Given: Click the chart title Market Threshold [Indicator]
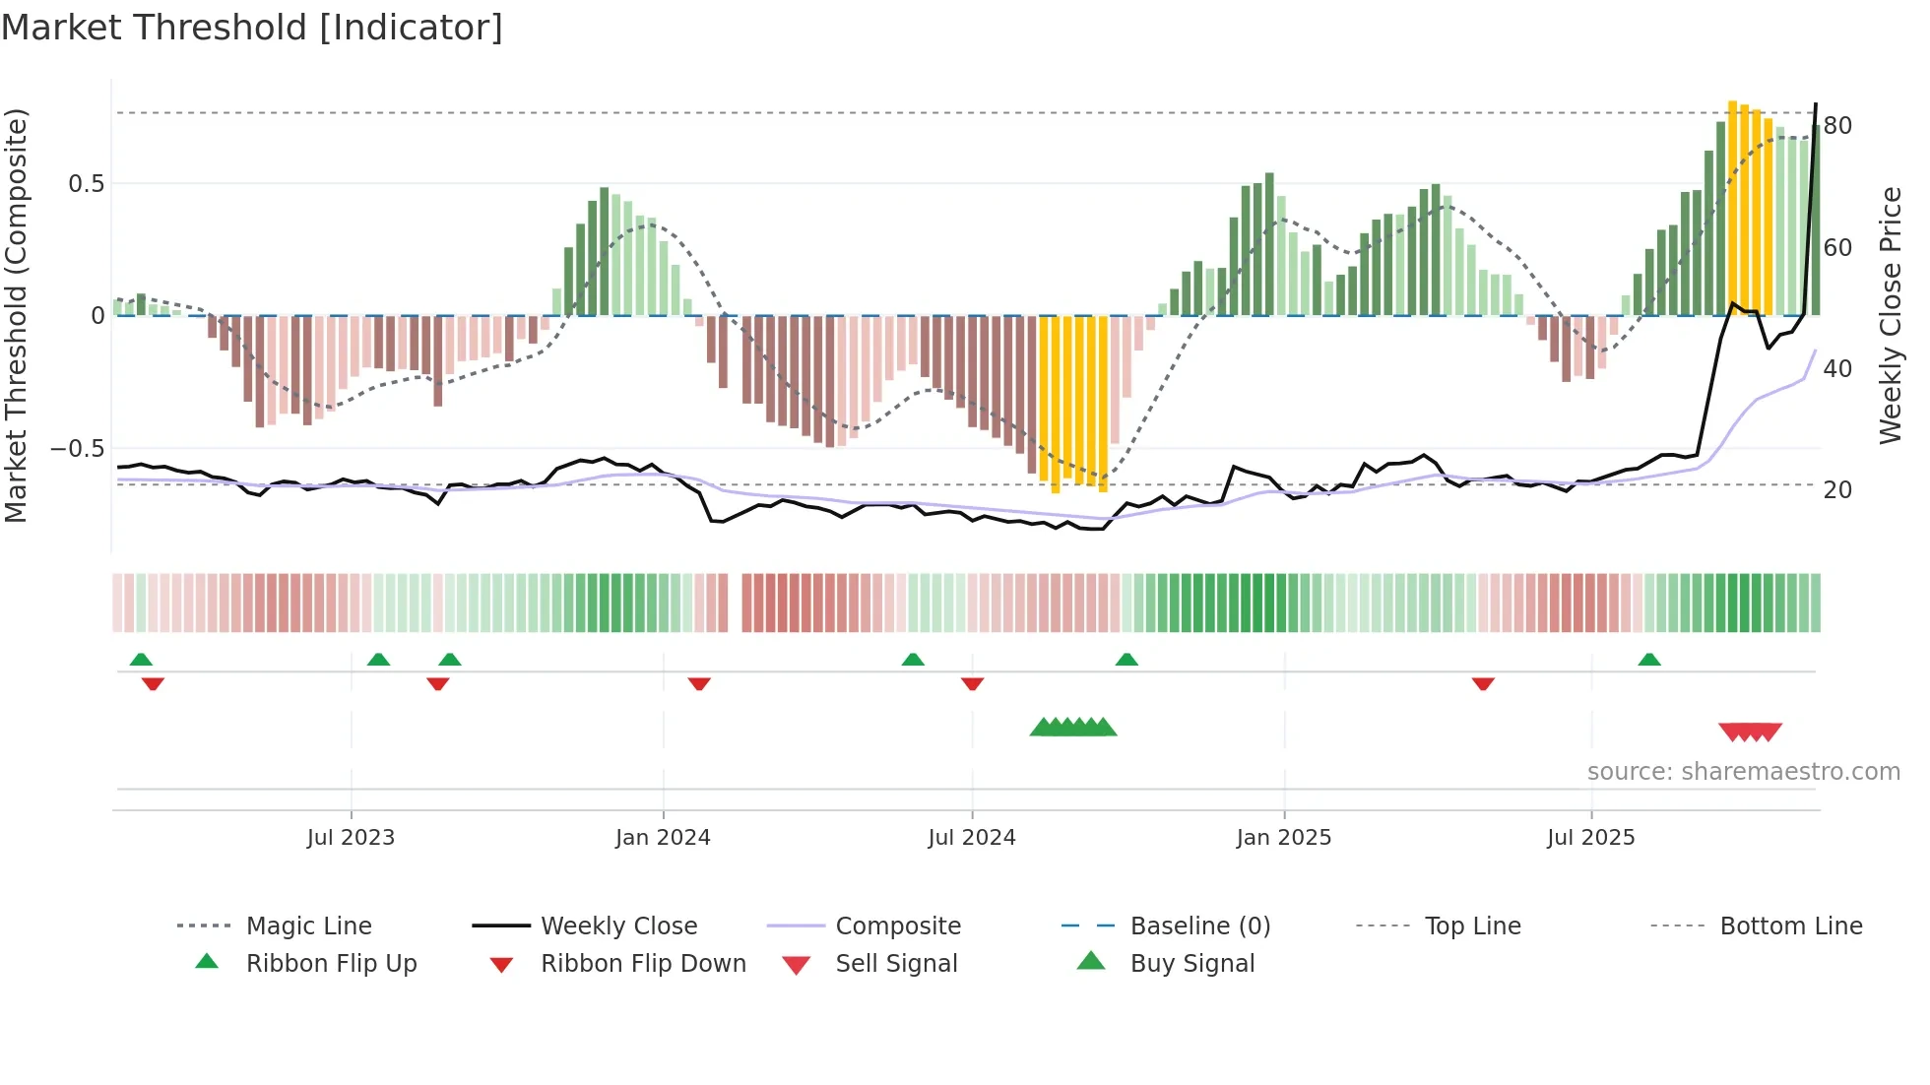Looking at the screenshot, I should point(252,28).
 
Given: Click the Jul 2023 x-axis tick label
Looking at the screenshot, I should point(351,838).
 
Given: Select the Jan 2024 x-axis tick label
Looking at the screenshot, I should point(663,838).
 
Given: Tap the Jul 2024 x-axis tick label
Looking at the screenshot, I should point(971,838).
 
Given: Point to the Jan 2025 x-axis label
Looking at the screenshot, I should point(1283,838).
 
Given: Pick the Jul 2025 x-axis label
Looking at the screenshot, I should point(1590,838).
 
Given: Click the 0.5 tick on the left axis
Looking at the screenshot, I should point(86,184).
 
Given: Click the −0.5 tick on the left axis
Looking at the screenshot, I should point(78,449).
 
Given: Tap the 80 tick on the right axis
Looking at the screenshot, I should point(1837,126).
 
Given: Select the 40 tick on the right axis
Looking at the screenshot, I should point(1837,369).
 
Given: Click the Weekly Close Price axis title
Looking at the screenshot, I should point(1890,315).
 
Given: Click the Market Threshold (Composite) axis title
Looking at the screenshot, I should point(16,315).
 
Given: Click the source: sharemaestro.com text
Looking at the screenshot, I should point(1743,772).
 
